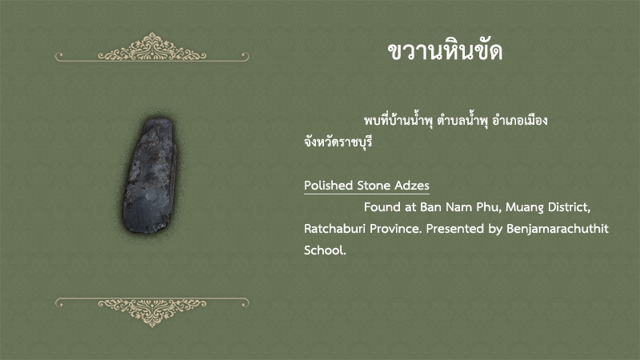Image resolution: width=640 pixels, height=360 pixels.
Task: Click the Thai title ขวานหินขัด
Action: (445, 51)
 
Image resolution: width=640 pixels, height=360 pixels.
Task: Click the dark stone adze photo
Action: (150, 176)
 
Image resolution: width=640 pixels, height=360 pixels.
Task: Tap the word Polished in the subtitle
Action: (329, 186)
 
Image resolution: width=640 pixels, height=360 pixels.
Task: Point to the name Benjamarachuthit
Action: (558, 229)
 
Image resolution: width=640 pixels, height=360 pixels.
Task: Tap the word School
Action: (325, 250)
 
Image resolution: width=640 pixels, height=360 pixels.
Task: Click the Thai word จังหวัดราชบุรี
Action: (338, 142)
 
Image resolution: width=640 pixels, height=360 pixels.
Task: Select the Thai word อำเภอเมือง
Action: (519, 121)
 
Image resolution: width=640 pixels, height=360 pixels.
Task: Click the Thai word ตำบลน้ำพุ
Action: (462, 121)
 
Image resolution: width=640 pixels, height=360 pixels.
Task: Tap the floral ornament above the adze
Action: (152, 47)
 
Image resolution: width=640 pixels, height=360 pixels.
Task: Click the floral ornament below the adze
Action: (152, 312)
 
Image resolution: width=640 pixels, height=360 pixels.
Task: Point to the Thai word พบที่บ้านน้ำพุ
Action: (398, 121)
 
